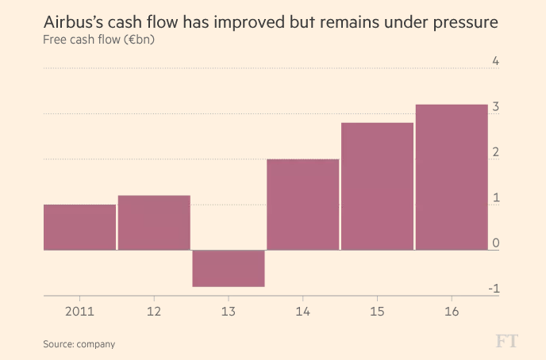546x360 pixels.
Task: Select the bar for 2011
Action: (79, 228)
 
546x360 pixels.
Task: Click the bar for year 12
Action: (154, 223)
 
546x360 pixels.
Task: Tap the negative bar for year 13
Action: (229, 268)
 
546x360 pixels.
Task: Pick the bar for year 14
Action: (303, 205)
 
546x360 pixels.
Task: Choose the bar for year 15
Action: (377, 186)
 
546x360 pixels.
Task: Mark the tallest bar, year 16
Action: (452, 178)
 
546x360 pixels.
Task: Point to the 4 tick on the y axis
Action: (495, 61)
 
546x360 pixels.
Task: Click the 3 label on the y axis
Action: (495, 106)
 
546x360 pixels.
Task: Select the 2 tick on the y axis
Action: (495, 152)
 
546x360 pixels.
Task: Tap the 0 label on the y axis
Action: (495, 243)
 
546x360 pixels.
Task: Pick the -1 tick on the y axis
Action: (494, 289)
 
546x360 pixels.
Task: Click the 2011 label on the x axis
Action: (79, 312)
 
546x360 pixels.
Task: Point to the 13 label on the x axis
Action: (229, 312)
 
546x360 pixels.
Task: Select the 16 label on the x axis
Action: (452, 312)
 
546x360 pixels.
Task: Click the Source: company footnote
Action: (79, 344)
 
